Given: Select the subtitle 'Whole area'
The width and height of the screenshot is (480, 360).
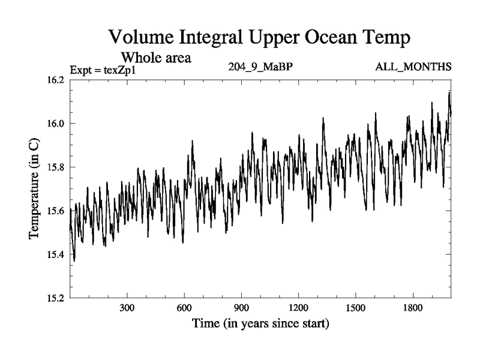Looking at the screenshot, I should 156,58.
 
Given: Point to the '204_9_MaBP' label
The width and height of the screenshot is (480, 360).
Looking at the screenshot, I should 260,67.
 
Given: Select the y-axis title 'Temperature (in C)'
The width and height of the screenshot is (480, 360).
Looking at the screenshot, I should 34,188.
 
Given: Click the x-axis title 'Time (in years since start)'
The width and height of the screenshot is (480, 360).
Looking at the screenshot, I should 260,325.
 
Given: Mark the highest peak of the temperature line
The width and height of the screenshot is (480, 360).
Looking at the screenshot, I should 449,92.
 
